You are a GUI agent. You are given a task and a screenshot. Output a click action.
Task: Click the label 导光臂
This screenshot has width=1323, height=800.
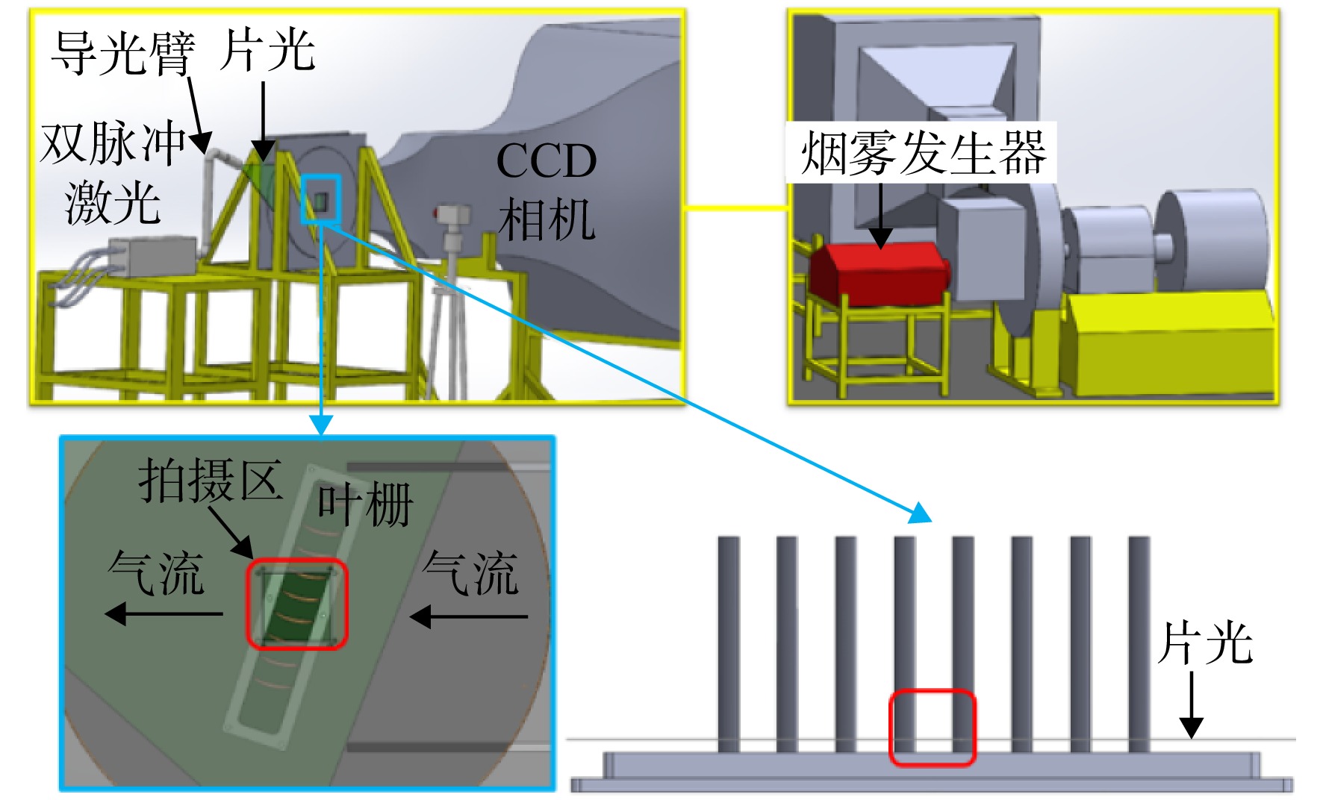coord(123,53)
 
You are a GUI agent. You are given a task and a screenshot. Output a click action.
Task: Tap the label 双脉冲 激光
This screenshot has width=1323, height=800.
coord(113,172)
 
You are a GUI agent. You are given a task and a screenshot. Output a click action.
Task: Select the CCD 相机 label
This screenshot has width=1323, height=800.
coord(547,190)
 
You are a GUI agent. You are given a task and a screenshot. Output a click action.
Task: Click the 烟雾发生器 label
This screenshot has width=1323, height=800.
coord(923,153)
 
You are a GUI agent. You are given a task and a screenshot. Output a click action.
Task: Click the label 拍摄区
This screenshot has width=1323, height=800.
coord(210,480)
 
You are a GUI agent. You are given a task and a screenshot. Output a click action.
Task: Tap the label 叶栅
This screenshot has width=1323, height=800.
coord(365,504)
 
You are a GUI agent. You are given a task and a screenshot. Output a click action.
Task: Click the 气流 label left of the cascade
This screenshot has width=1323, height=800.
coord(156,573)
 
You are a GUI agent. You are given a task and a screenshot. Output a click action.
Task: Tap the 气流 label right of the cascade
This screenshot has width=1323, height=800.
coord(470,573)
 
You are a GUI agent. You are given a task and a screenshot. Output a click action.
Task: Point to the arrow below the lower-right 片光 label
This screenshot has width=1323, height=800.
coord(1191,704)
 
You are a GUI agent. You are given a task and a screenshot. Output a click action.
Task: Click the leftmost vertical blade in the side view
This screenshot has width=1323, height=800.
coord(729,644)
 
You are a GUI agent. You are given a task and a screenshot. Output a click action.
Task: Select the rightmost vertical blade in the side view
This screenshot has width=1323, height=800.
coord(1139,644)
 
